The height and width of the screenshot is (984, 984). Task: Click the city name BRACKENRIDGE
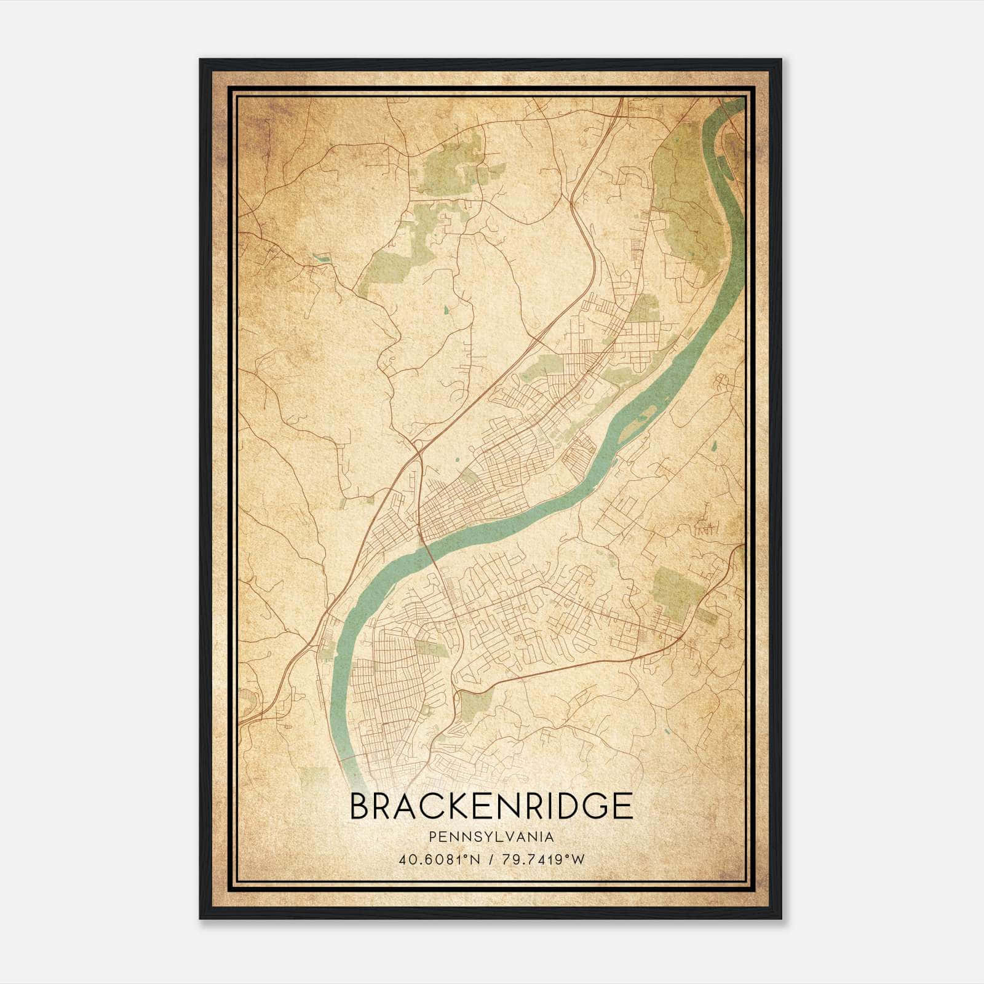pyautogui.click(x=491, y=806)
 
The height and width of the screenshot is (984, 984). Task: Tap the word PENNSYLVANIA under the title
pyautogui.click(x=491, y=837)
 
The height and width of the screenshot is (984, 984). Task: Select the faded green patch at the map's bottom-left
pyautogui.click(x=315, y=778)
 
